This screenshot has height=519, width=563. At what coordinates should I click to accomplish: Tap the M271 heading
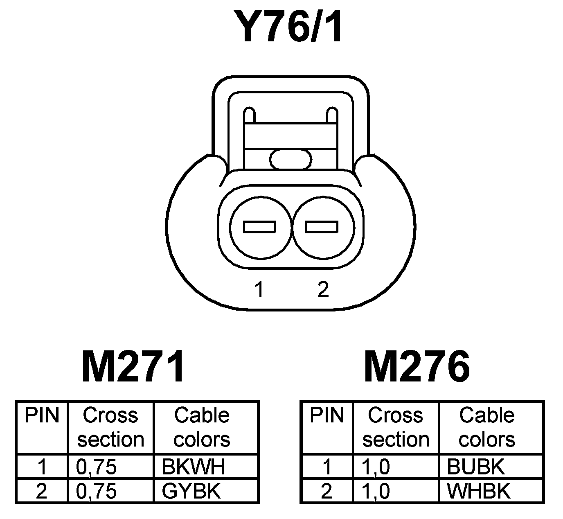point(133,366)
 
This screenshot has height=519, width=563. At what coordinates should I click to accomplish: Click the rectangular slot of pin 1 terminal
point(259,227)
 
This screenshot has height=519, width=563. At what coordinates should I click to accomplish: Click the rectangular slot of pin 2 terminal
point(322,227)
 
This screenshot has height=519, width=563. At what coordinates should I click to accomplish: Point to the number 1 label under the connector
point(258,290)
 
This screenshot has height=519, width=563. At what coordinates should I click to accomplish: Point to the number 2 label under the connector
point(323,290)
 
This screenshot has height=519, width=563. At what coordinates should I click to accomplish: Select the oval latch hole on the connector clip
point(291,159)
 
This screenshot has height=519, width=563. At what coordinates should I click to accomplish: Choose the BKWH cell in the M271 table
point(193,467)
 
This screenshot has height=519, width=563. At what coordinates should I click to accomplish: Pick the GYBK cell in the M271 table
point(191,491)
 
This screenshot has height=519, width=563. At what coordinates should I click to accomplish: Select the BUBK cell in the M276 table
point(475,467)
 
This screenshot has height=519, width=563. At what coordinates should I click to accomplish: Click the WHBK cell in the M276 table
point(478,491)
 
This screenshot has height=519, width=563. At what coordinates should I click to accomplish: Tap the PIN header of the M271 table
point(42,416)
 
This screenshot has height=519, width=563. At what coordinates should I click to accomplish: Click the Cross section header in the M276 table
point(396,427)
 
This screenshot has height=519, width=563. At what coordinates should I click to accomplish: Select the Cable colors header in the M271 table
point(202,427)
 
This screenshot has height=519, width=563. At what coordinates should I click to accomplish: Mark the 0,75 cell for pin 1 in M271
point(97,467)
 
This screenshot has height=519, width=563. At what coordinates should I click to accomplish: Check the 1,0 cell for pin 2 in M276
point(376,491)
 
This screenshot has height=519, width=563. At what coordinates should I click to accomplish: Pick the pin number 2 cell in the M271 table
point(42,491)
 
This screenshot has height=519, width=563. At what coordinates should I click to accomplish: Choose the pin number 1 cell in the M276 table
point(327,467)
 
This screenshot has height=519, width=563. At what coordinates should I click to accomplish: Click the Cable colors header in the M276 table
point(487,427)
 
